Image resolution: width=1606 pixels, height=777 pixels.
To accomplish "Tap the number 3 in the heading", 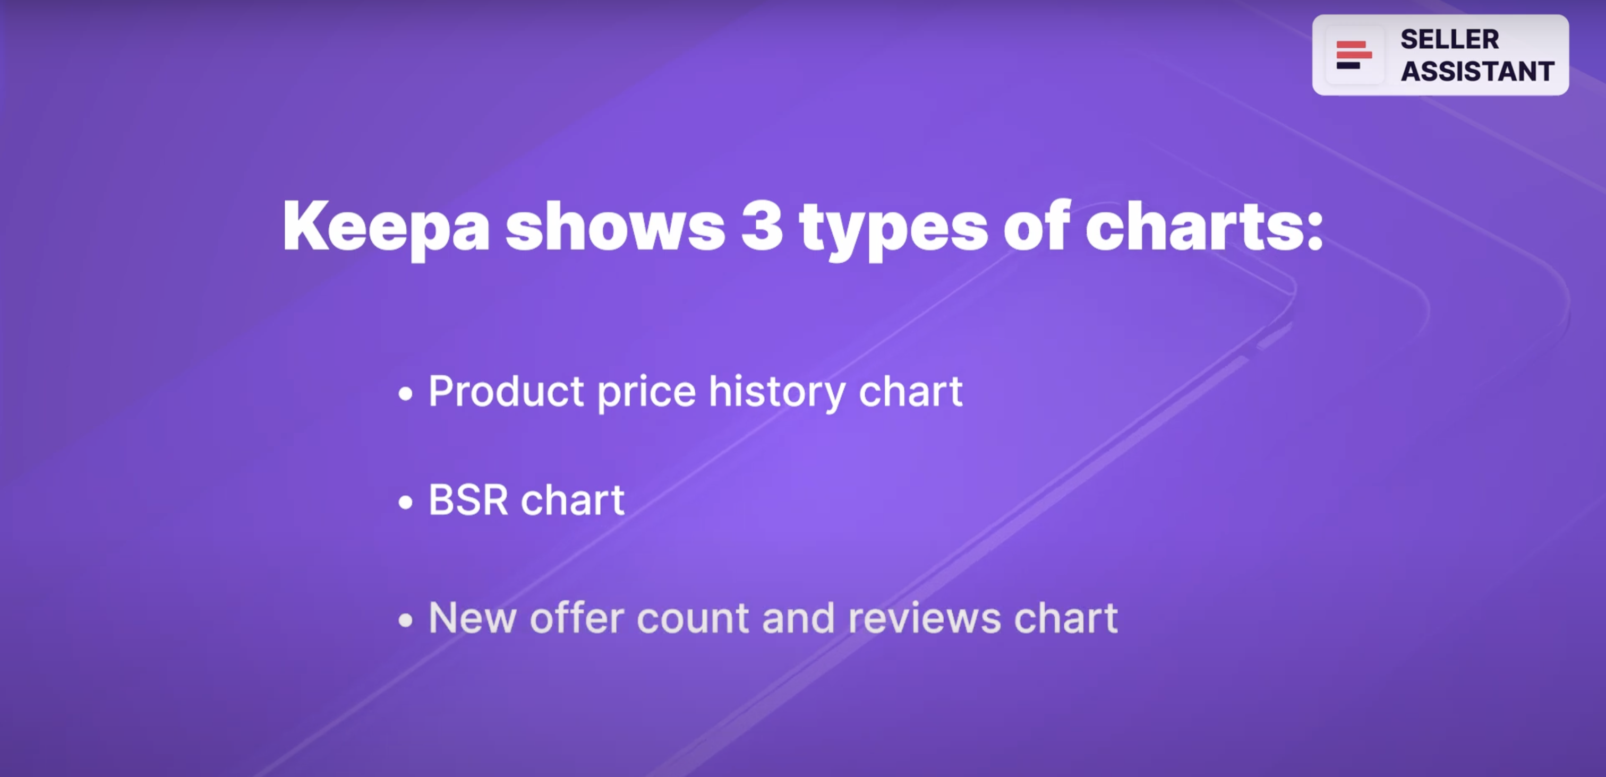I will (762, 226).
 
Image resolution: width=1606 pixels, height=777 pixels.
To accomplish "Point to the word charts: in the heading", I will (1204, 226).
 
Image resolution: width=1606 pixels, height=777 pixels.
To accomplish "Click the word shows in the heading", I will (614, 226).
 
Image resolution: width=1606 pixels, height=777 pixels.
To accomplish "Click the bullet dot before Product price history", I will (405, 394).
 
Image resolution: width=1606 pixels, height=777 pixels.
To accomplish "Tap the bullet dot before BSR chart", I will (405, 502).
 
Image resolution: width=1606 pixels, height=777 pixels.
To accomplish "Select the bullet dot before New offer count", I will (405, 620).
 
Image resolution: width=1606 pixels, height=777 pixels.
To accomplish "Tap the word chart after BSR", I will (573, 500).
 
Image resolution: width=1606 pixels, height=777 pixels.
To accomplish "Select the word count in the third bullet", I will (693, 618).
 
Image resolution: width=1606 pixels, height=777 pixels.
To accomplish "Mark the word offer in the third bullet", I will (577, 618).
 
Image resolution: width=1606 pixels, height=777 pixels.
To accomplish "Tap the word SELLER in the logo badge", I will (1449, 39).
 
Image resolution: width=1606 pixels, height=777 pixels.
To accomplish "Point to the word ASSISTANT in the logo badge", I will (1477, 71).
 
